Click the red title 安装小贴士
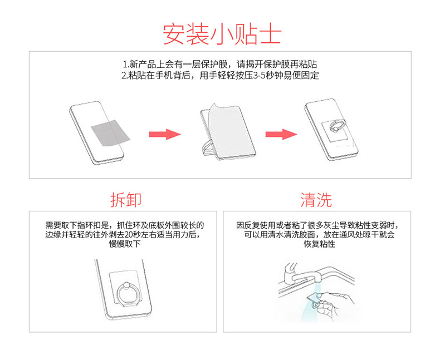(222, 34)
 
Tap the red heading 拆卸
(126, 200)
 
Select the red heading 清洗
(316, 200)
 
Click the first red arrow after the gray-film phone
(165, 134)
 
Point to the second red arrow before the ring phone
(281, 134)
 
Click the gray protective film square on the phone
(110, 133)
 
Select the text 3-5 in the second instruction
(260, 76)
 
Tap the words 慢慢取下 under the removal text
(125, 244)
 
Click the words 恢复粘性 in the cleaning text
(319, 244)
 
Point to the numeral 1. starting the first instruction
(126, 65)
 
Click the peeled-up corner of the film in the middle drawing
(214, 107)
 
